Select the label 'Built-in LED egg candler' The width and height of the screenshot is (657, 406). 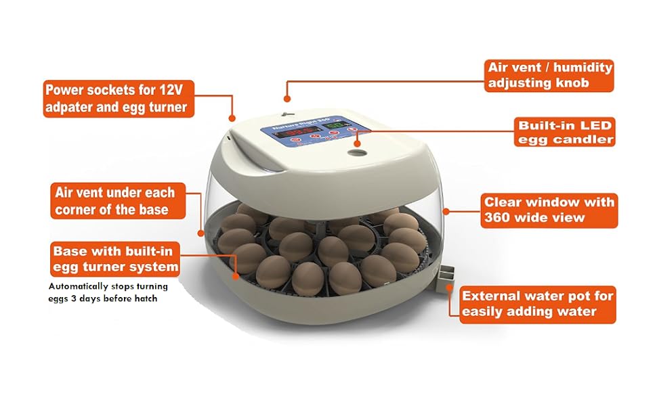click(565, 133)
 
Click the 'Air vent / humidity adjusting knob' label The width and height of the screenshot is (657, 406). click(549, 76)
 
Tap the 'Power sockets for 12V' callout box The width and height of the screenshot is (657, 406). click(115, 98)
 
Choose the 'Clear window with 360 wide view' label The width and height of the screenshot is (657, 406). click(549, 210)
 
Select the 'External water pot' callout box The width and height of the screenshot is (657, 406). click(537, 304)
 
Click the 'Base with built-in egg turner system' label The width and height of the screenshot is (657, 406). click(115, 259)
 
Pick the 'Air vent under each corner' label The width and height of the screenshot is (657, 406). click(114, 201)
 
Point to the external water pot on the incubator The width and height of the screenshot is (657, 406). click(444, 277)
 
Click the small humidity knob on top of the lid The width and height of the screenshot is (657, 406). click(287, 113)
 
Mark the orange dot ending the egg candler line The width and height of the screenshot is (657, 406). click(358, 143)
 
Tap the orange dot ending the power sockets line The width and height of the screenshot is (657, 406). click(232, 119)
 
